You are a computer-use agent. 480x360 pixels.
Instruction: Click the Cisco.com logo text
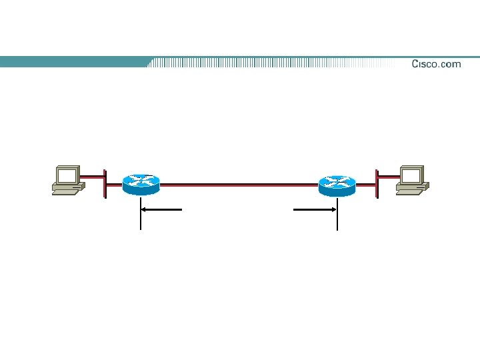click(436, 64)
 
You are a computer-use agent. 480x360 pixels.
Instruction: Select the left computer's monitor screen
click(67, 176)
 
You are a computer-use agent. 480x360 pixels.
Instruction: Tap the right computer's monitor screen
click(411, 176)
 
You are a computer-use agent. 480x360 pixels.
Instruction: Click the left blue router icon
click(141, 184)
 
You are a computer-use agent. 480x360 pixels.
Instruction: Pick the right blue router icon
click(337, 184)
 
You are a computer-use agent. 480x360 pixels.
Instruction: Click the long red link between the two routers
click(239, 182)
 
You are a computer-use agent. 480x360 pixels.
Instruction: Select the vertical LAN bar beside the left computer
click(105, 183)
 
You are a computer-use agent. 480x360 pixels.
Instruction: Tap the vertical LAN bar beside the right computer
click(377, 183)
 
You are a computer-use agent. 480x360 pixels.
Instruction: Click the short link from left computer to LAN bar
click(93, 178)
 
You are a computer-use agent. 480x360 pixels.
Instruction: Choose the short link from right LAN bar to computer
click(388, 178)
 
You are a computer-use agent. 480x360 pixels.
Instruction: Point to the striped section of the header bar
click(267, 63)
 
